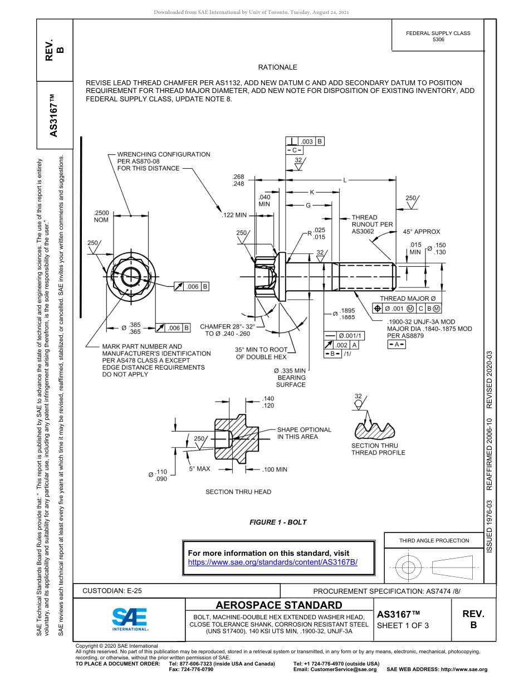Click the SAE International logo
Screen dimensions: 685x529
(130, 619)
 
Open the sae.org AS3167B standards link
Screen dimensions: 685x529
(273, 562)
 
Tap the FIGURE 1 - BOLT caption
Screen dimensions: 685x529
(278, 522)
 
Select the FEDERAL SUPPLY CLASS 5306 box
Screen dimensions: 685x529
(438, 36)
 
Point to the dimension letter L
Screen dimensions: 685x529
(345, 180)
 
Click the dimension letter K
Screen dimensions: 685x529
(312, 192)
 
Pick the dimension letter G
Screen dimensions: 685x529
(307, 205)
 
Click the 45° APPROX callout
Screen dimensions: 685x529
(422, 232)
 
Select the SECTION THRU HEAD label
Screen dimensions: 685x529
(238, 492)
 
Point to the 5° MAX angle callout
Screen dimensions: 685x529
(199, 469)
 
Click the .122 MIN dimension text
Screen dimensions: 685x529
(234, 215)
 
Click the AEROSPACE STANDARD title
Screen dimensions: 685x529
(278, 605)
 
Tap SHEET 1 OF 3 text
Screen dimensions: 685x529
(403, 625)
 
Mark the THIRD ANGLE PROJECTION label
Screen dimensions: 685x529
(434, 540)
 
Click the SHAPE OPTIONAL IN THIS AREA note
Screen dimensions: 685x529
(304, 433)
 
